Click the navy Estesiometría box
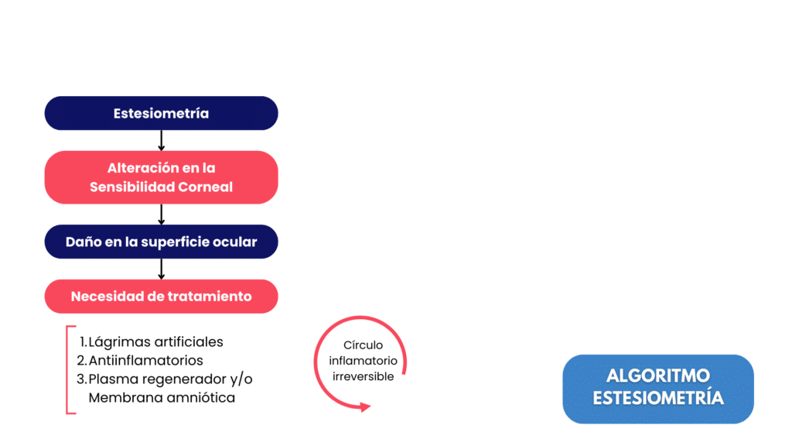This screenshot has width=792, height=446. pyautogui.click(x=161, y=113)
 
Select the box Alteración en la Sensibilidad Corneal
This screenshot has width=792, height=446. pyautogui.click(x=161, y=177)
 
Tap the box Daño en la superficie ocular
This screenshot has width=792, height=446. pyautogui.click(x=161, y=242)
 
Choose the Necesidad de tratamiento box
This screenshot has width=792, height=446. pyautogui.click(x=161, y=297)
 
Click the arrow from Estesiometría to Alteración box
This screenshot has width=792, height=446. pyautogui.click(x=161, y=141)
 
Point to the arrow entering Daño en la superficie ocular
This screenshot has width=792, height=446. pyautogui.click(x=161, y=214)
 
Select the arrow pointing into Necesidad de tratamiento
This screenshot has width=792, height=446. pyautogui.click(x=161, y=269)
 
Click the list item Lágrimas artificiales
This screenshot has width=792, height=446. pyautogui.click(x=151, y=342)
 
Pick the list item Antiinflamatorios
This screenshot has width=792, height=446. pyautogui.click(x=140, y=361)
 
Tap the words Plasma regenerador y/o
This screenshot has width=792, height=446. pyautogui.click(x=165, y=379)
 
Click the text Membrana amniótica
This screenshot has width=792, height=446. pyautogui.click(x=162, y=398)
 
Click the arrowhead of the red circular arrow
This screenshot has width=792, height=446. pyautogui.click(x=365, y=407)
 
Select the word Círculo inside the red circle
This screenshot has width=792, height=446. pyautogui.click(x=364, y=345)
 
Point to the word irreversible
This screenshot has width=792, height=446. pyautogui.click(x=364, y=377)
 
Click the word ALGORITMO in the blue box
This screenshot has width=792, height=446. pyautogui.click(x=658, y=376)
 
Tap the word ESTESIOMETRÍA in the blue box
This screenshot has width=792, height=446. pyautogui.click(x=658, y=398)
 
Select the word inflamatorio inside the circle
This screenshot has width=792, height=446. pyautogui.click(x=364, y=361)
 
